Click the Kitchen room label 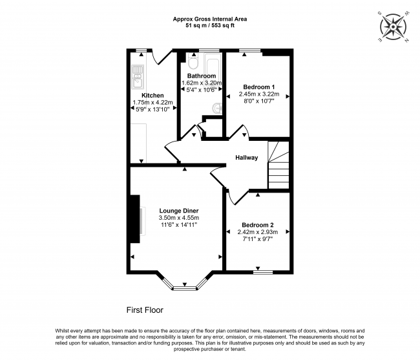(152, 96)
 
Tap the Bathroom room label (202, 76)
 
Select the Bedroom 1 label (258, 87)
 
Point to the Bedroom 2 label (257, 225)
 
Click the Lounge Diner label (178, 211)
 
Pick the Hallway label (246, 158)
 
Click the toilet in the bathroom (193, 61)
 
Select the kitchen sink (138, 77)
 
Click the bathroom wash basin (217, 108)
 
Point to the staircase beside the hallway (278, 165)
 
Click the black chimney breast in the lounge (135, 219)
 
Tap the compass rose (394, 27)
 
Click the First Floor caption (145, 310)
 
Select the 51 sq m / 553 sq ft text (210, 26)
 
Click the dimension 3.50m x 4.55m (178, 218)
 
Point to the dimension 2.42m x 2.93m (257, 232)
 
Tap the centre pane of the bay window (185, 288)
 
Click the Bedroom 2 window (263, 272)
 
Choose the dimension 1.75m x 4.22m (152, 102)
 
